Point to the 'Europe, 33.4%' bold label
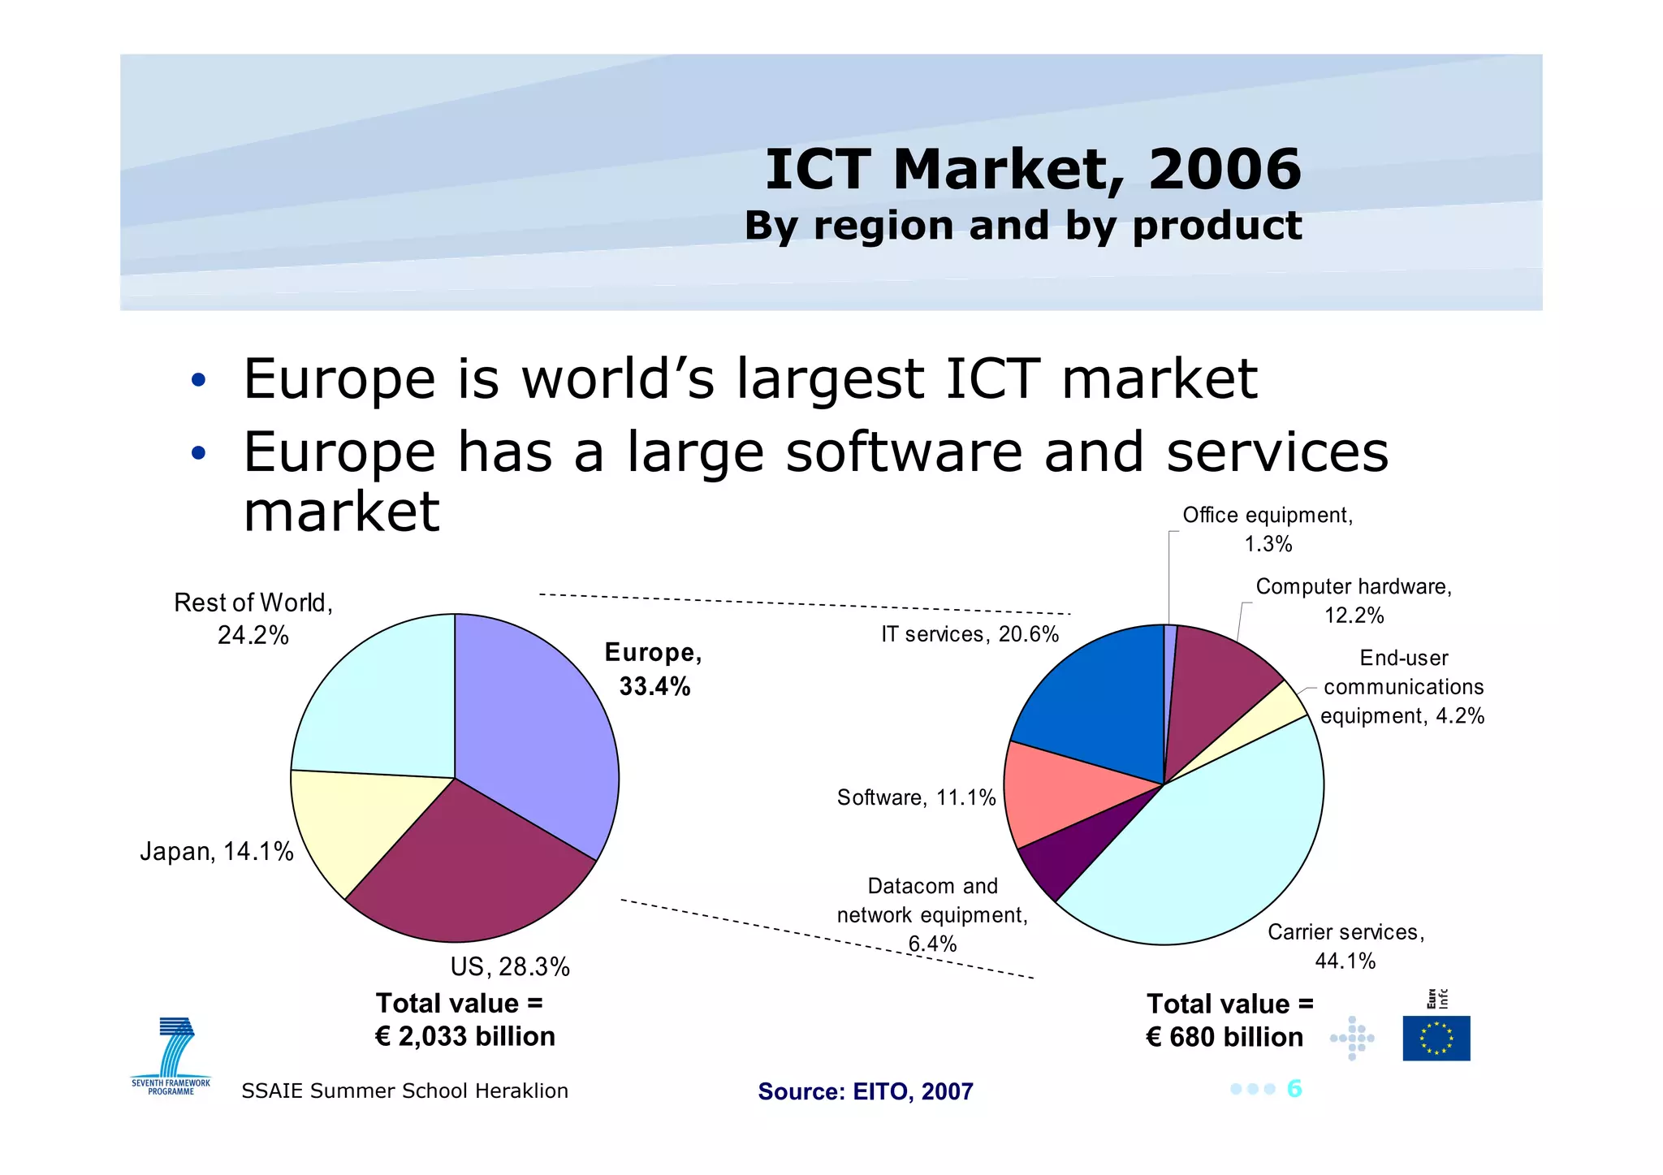tap(654, 669)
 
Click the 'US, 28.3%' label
tap(510, 967)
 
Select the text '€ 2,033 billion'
tap(465, 1037)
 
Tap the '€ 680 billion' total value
tap(1225, 1038)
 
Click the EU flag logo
tap(1436, 1038)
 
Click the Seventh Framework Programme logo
tap(171, 1056)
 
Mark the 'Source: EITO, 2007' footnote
tap(866, 1091)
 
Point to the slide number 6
tap(1294, 1089)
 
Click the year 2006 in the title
tap(1225, 169)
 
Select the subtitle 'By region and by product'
tap(1023, 226)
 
